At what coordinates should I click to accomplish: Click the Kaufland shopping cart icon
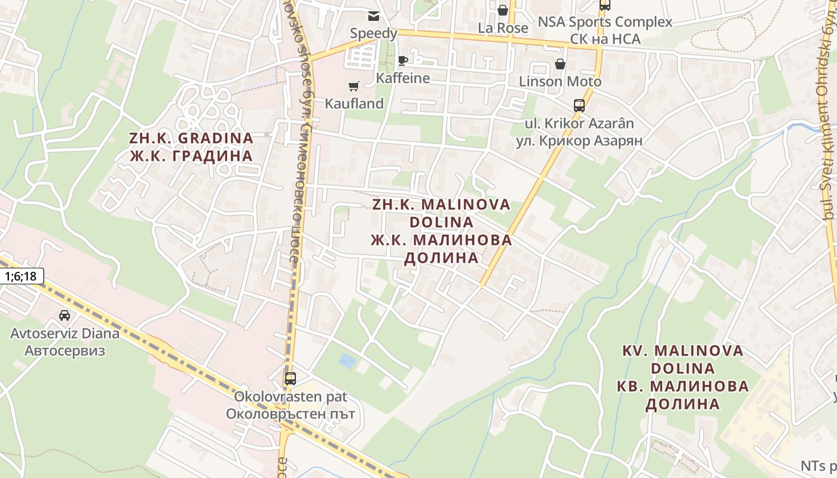(353, 87)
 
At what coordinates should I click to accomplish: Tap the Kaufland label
(354, 103)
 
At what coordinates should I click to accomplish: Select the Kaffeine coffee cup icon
(403, 60)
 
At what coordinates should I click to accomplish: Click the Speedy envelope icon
(374, 16)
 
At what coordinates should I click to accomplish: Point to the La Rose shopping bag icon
(503, 10)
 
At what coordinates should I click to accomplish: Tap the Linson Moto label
(560, 81)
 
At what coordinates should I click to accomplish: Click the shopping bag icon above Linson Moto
(560, 64)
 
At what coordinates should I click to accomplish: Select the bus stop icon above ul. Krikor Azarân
(579, 106)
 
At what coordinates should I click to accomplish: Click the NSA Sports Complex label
(605, 22)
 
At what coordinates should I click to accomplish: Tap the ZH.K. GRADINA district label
(191, 138)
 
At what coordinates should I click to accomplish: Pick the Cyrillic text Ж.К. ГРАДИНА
(191, 156)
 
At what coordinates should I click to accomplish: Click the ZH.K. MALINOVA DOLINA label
(441, 213)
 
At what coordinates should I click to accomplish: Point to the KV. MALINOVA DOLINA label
(683, 359)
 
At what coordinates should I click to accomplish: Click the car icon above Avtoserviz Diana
(65, 315)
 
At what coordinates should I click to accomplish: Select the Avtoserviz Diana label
(65, 333)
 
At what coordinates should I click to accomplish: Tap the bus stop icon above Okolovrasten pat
(290, 378)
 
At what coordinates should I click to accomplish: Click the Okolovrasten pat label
(290, 396)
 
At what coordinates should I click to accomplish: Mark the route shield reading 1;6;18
(22, 276)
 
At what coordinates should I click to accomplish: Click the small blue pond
(346, 360)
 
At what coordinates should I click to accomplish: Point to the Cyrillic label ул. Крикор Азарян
(579, 141)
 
